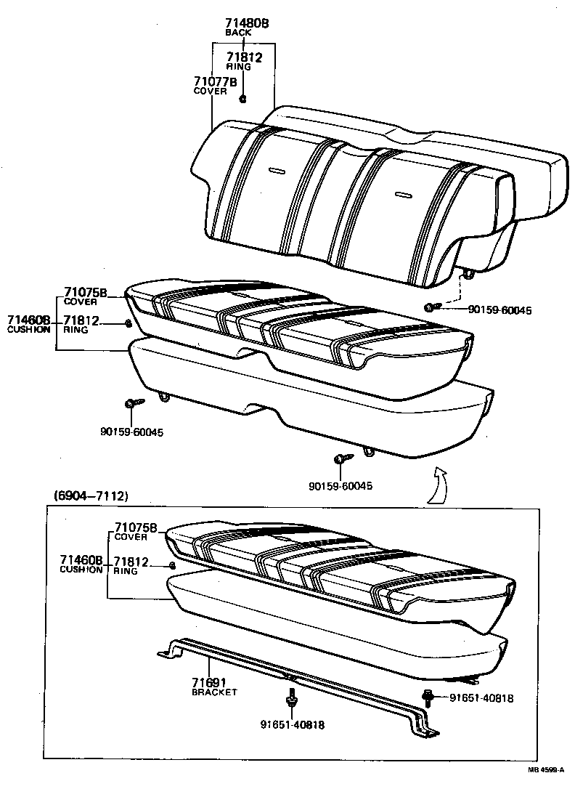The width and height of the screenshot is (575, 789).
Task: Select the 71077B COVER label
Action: coord(215,81)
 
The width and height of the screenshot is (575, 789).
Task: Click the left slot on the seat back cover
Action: coord(277,171)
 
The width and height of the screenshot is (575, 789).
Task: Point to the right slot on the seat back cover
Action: coord(403,194)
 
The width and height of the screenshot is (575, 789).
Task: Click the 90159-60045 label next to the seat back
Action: coord(499,309)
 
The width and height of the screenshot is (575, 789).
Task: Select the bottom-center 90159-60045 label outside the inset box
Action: coord(340,486)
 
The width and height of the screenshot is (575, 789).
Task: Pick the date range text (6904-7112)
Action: coord(91,496)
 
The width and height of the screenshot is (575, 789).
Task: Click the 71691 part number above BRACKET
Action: coord(209,682)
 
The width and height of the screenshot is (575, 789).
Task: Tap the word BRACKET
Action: coord(214,692)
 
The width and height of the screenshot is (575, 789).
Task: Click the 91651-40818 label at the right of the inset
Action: coord(481,698)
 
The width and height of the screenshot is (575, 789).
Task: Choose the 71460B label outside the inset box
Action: coord(29,320)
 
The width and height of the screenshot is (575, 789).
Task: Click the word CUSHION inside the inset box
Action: coord(81,570)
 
